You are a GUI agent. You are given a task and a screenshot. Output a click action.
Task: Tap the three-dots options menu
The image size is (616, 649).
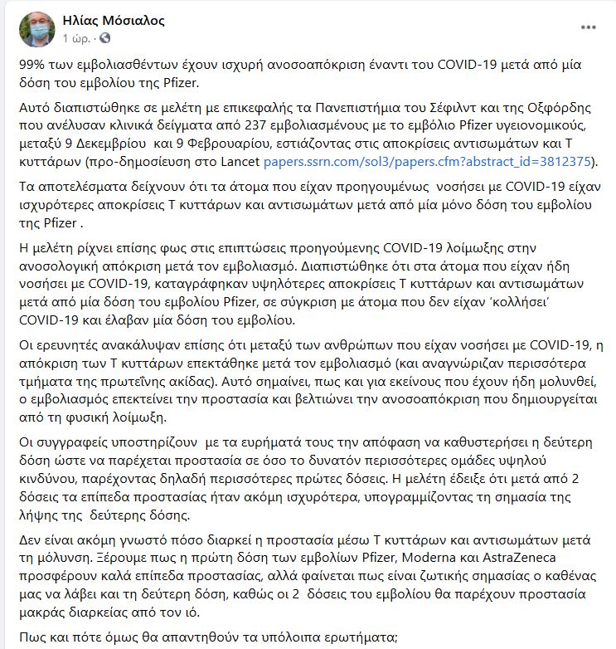(589, 27)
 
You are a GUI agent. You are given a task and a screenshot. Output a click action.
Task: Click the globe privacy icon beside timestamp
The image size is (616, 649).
(104, 39)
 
